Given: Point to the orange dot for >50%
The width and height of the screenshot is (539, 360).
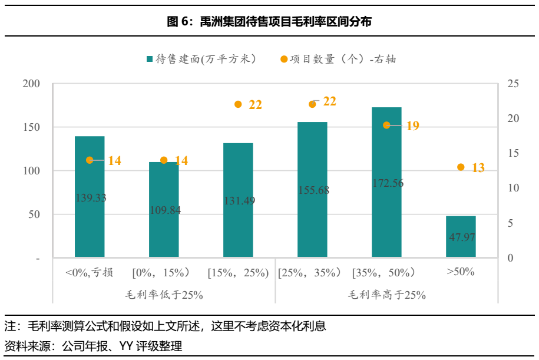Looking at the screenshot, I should pyautogui.click(x=461, y=167).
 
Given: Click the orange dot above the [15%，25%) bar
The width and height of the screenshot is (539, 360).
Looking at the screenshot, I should pyautogui.click(x=238, y=104).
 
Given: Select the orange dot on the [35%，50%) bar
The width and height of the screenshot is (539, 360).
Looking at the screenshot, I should pyautogui.click(x=386, y=125).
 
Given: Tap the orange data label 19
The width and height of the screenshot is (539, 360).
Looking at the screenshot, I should pyautogui.click(x=412, y=125).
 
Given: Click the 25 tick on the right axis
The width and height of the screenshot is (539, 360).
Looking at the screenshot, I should pyautogui.click(x=512, y=84).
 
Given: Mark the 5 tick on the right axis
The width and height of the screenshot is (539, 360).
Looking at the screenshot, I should pyautogui.click(x=512, y=223).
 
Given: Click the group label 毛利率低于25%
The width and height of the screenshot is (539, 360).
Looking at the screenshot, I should pyautogui.click(x=164, y=295).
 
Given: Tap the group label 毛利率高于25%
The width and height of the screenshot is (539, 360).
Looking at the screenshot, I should pyautogui.click(x=386, y=295).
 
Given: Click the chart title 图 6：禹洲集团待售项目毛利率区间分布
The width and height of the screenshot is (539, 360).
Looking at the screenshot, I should pyautogui.click(x=269, y=22).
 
